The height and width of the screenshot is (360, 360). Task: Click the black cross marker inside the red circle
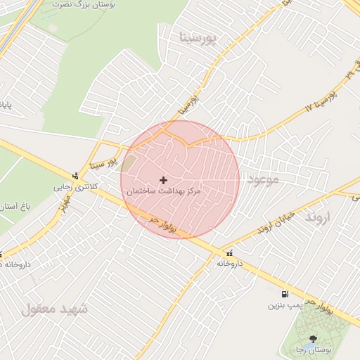(164, 181)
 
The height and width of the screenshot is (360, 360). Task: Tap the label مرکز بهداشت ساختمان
(164, 191)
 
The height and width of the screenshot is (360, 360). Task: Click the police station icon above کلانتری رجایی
(75, 176)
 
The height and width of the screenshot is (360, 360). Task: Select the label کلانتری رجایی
(73, 187)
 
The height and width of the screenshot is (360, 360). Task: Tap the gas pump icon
(284, 295)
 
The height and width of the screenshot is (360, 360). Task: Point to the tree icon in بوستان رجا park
(313, 339)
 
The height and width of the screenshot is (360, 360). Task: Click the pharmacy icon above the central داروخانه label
(229, 252)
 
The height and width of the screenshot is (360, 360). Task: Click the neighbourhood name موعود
(263, 179)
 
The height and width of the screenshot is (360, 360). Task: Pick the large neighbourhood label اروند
(317, 217)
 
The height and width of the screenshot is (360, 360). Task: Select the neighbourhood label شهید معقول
(55, 308)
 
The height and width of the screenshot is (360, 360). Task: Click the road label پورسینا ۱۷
(321, 98)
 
